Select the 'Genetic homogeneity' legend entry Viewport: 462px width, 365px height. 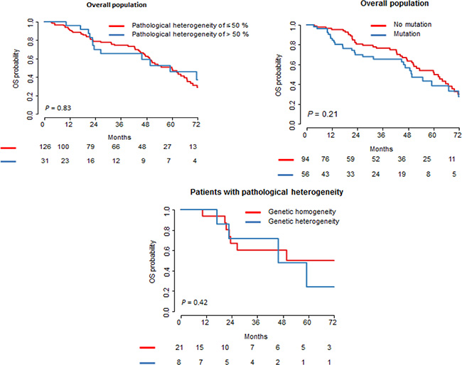[x=277, y=212]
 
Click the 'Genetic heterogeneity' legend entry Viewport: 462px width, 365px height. [x=279, y=221]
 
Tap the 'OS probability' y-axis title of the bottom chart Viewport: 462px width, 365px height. [x=150, y=261]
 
